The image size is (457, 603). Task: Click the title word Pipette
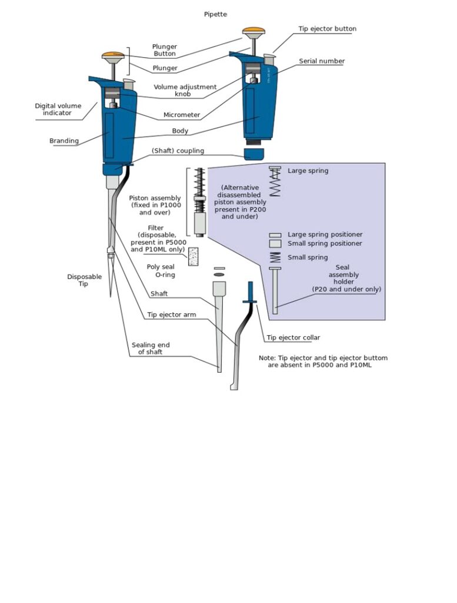coord(215,14)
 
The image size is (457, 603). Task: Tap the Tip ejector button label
coord(327,28)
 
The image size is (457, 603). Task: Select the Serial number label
coord(322,61)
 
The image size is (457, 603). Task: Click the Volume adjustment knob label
coord(185,91)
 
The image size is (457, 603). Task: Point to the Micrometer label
coord(182,115)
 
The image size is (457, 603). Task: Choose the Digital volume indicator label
coord(58,110)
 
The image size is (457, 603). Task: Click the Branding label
coord(64,141)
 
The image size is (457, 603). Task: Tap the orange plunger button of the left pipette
coord(113,56)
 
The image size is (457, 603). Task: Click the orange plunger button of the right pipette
coord(253,31)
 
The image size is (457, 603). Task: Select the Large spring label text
coord(308,171)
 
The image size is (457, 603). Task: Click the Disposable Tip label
coord(84,280)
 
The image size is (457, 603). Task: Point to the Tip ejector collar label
coord(293,338)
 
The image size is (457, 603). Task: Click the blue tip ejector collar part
coord(251,293)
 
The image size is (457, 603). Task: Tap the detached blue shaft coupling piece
coord(254,155)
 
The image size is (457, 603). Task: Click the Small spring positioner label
coord(325,244)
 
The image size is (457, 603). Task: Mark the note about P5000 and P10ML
coord(323,362)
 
